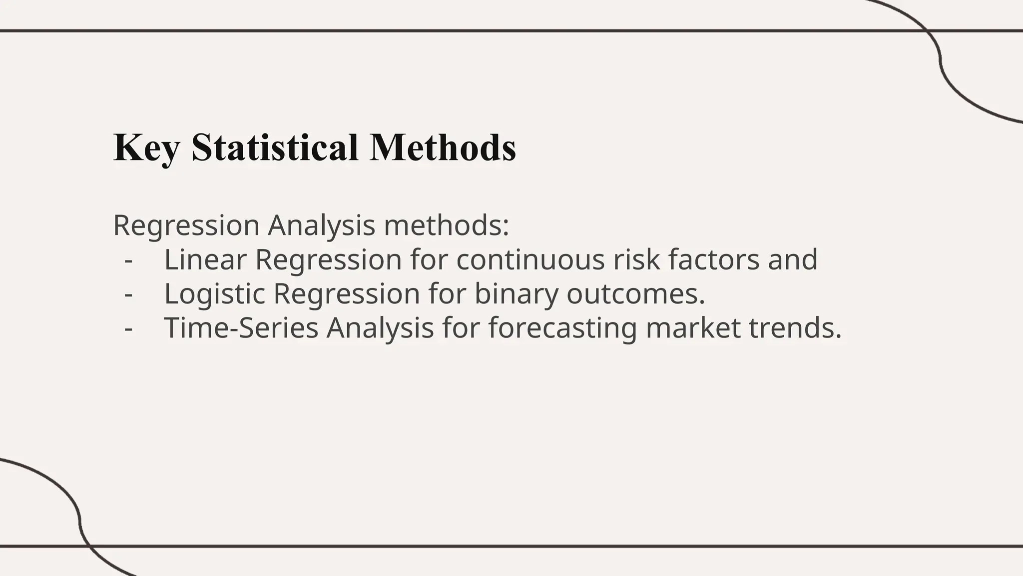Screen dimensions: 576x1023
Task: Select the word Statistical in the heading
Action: [x=275, y=147]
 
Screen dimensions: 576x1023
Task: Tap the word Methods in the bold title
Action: [x=443, y=147]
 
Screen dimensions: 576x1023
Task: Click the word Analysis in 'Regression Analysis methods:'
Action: [x=321, y=225]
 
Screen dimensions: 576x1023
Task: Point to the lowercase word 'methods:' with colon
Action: [x=447, y=225]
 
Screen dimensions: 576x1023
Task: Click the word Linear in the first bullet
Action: [x=205, y=259]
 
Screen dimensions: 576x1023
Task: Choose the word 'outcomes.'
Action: [x=635, y=293]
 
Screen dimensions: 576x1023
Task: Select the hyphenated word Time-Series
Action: [x=241, y=328]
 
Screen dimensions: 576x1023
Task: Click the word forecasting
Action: [x=562, y=328]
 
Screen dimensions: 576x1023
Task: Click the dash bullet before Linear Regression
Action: [x=129, y=260]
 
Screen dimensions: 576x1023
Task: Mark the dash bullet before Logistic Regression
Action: [x=129, y=294]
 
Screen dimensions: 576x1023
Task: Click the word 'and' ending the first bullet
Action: [x=793, y=259]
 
